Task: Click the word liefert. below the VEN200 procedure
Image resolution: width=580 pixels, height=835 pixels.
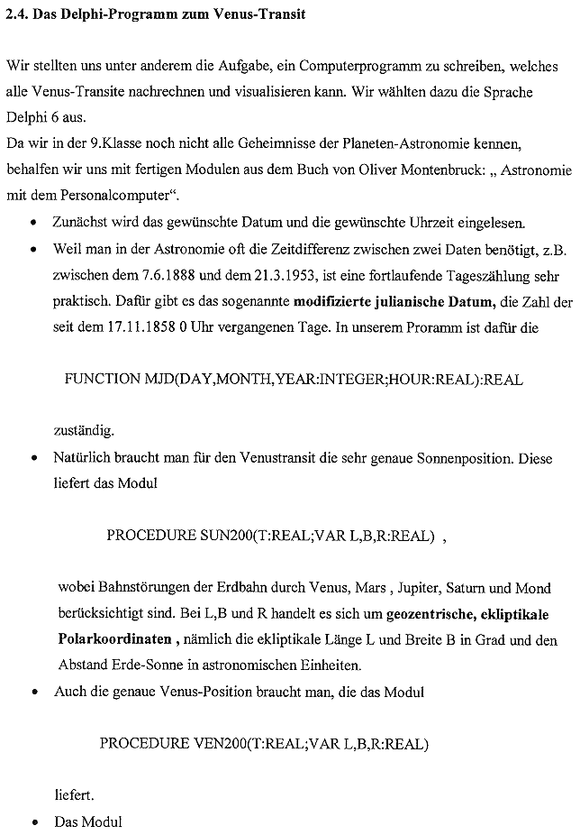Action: tap(73, 796)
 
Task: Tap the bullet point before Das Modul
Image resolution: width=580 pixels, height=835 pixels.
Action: tap(33, 823)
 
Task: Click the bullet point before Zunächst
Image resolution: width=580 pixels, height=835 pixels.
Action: tap(33, 221)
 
